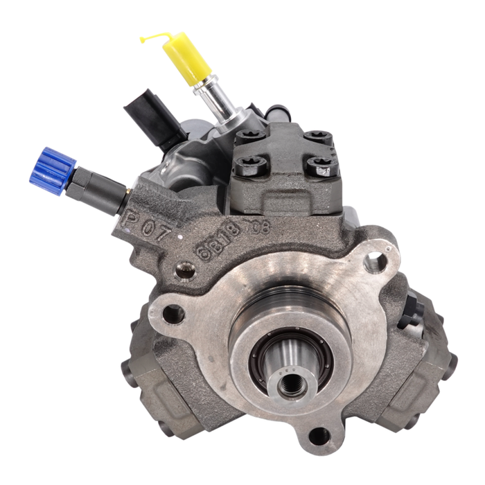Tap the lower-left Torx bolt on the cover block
tap(246, 166)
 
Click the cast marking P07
tap(146, 223)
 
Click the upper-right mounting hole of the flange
tap(375, 263)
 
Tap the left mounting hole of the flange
tap(172, 313)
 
